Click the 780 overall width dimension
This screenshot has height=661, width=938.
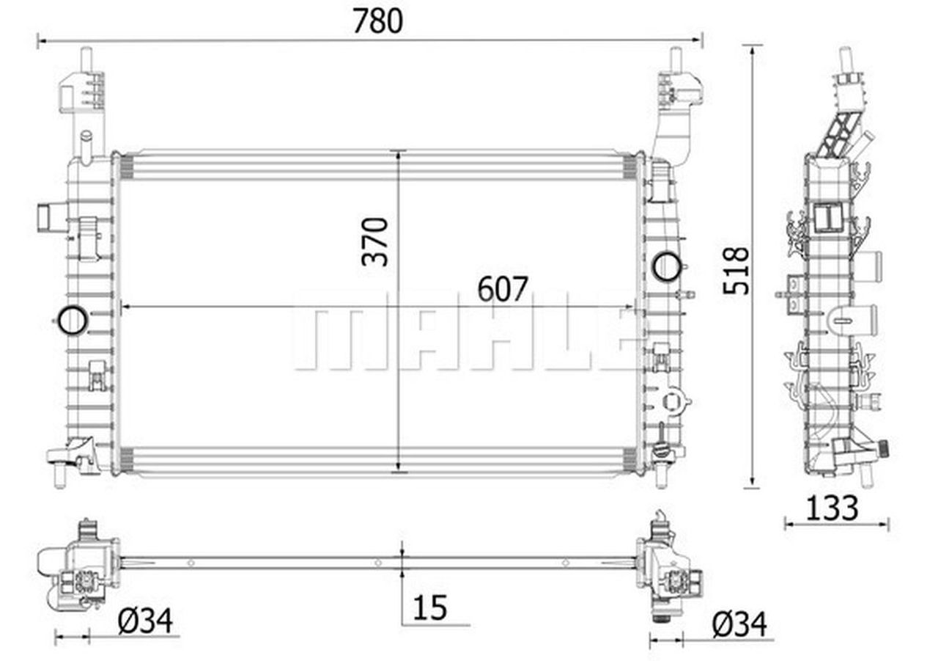[377, 21]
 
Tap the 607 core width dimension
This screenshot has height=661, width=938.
[502, 290]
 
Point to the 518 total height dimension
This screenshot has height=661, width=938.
[736, 271]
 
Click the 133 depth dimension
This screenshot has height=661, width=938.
[832, 508]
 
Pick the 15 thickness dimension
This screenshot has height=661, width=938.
[430, 607]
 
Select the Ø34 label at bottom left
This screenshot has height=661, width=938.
[145, 621]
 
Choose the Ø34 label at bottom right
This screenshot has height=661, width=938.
[739, 624]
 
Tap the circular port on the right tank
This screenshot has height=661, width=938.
[666, 266]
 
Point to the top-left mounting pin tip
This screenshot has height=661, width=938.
[86, 51]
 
